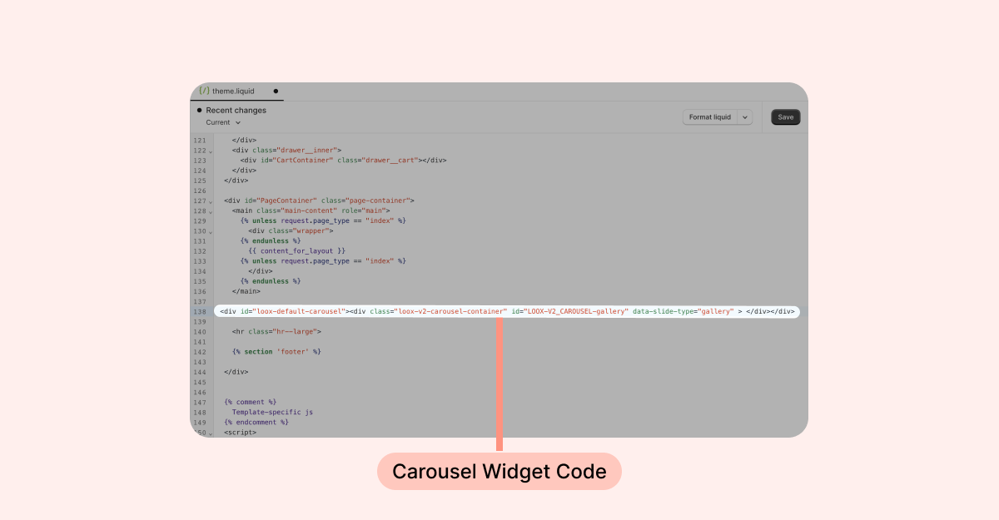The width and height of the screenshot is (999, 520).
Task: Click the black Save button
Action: pyautogui.click(x=785, y=117)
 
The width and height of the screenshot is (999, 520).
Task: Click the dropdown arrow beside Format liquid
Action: pyautogui.click(x=745, y=117)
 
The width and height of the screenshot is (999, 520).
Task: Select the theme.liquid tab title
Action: pyautogui.click(x=233, y=91)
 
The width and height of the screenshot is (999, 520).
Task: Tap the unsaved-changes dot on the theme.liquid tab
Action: pyautogui.click(x=276, y=92)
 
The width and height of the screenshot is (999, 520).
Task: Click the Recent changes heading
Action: pyautogui.click(x=236, y=110)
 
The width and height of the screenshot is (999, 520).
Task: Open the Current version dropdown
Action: pyautogui.click(x=223, y=122)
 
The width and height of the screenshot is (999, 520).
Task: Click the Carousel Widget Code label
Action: pyautogui.click(x=499, y=472)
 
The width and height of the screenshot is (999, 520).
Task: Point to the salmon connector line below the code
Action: pyautogui.click(x=499, y=384)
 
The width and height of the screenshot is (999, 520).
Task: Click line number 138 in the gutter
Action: pyautogui.click(x=200, y=311)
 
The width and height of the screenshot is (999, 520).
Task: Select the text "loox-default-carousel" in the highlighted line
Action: pyautogui.click(x=299, y=311)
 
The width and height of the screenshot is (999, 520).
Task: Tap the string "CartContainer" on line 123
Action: pyautogui.click(x=303, y=160)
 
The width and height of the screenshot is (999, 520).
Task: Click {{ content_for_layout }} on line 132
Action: pyautogui.click(x=297, y=251)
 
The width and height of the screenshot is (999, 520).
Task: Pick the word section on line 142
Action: pyautogui.click(x=258, y=352)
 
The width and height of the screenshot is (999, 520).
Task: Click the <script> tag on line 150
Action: pyautogui.click(x=241, y=432)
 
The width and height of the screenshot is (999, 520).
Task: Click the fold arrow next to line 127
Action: pyautogui.click(x=211, y=201)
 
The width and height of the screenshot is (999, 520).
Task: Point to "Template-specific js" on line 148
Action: pyautogui.click(x=272, y=412)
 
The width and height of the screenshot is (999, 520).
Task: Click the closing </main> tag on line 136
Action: pyautogui.click(x=246, y=291)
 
